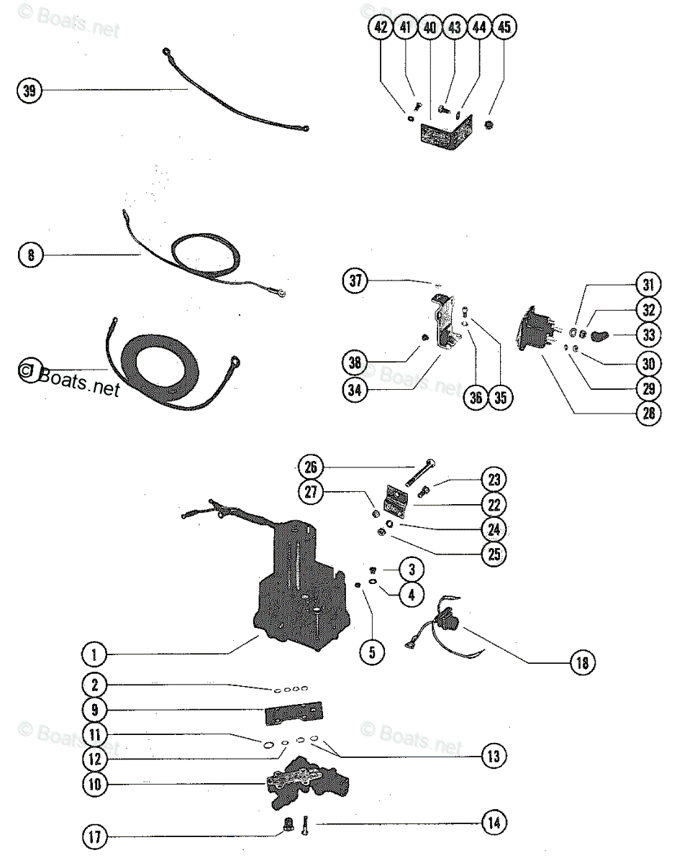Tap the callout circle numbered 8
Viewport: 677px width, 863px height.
30,254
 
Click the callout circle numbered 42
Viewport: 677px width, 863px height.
381,29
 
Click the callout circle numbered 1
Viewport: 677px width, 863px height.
94,654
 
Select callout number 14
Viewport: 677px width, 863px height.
494,822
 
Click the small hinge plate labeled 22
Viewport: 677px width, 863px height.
398,500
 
